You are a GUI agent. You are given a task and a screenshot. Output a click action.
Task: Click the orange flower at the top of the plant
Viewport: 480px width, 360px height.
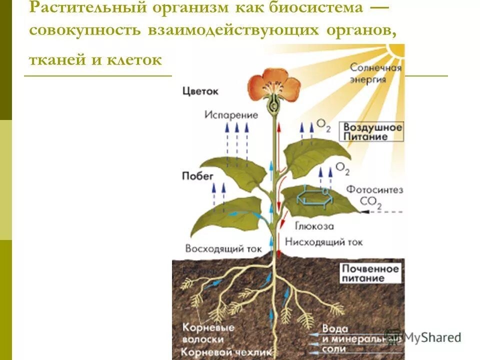coord(273,85)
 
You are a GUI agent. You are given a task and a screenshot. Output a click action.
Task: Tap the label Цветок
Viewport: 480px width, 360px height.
coord(200,91)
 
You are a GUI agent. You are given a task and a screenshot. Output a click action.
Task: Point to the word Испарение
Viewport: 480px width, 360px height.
coord(231,115)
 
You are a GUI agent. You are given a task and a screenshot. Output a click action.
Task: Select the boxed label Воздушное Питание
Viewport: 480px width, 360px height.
coord(372,131)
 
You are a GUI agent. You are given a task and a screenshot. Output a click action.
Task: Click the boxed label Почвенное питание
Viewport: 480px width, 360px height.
coord(370,273)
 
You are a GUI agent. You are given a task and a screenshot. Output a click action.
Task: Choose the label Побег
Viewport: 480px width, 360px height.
coord(197,175)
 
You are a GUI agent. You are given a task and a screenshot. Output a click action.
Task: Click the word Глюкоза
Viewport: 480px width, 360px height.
coord(314,226)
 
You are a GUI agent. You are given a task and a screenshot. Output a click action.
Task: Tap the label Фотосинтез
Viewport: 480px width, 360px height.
coord(374,190)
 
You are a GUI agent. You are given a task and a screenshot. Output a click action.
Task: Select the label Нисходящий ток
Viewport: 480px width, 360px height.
coord(323,242)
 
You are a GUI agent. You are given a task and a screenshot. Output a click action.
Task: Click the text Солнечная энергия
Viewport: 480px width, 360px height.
coord(375,73)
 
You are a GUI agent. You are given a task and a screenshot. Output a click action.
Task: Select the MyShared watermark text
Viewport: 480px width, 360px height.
coord(431,337)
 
